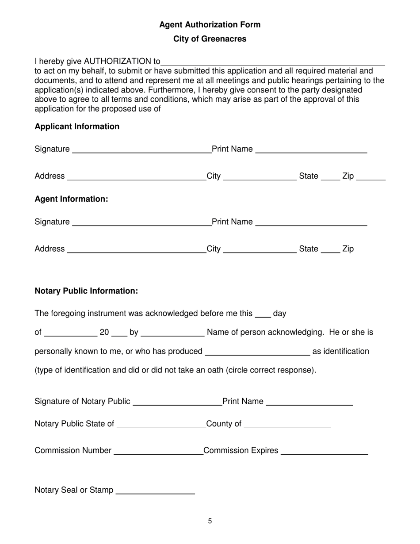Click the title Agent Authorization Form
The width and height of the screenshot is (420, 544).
[x=210, y=25]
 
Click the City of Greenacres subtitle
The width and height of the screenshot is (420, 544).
[x=210, y=39]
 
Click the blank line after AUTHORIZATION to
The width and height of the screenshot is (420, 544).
[x=273, y=62]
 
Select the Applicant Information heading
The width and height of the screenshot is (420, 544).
[x=77, y=126]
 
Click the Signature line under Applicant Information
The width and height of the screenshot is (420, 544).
[x=141, y=150]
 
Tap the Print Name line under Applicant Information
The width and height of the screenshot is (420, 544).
[x=311, y=150]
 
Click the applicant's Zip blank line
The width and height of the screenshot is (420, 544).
[x=370, y=177]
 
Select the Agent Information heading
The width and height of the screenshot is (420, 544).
[x=71, y=199]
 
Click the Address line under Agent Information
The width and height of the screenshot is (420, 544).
[x=136, y=250]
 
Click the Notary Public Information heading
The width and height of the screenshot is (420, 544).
[x=86, y=291]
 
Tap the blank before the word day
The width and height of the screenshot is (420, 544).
[x=263, y=315]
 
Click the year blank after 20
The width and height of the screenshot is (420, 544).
[x=119, y=334]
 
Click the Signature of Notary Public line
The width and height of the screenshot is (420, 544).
[x=177, y=402]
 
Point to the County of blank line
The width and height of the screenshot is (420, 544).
[x=287, y=425]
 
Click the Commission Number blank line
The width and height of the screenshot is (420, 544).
[x=158, y=452]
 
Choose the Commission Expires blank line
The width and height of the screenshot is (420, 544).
[x=325, y=452]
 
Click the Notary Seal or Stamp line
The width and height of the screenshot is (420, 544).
[x=155, y=491]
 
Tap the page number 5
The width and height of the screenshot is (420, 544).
[x=210, y=521]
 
